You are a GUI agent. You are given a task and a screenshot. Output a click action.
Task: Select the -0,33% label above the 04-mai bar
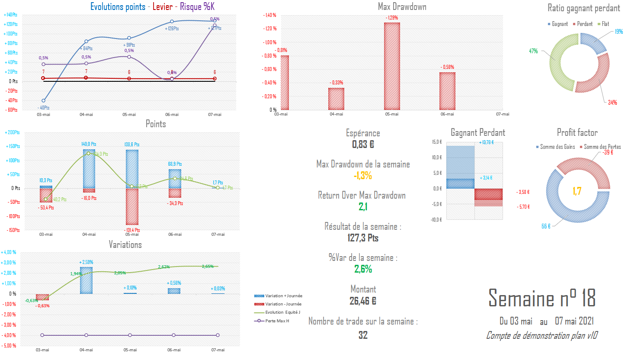336,83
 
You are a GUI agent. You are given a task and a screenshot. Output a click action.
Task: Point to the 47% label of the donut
533,51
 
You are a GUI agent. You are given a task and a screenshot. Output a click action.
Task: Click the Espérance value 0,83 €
363,145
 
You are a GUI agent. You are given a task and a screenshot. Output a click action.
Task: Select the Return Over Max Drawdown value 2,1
363,207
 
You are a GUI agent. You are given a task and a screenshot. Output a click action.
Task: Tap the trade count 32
363,335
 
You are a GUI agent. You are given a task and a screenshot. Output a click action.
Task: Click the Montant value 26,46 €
363,300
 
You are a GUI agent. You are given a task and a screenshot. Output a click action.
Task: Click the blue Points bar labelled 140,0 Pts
89,169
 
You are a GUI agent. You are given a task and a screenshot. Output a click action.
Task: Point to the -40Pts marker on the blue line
44,100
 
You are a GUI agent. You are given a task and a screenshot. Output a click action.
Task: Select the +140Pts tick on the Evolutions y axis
10,15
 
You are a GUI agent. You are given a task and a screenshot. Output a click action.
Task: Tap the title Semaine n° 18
542,298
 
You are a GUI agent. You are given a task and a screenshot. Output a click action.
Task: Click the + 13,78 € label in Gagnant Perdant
486,142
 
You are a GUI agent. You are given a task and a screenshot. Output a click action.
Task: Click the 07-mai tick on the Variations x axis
218,350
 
